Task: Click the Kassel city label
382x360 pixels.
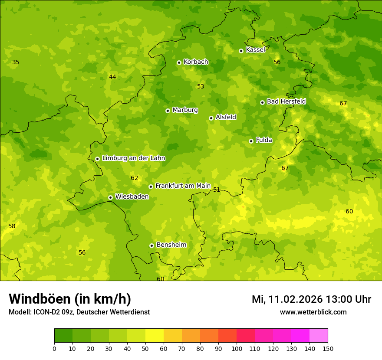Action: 255,50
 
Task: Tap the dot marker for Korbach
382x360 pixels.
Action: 179,62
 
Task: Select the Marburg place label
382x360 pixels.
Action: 185,110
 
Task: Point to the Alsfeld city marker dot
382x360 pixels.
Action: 211,118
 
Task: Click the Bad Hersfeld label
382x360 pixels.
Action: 286,101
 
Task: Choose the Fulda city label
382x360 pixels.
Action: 264,140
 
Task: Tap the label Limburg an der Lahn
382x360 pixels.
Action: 133,158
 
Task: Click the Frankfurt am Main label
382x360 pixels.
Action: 183,186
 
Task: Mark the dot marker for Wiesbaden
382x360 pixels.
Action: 110,197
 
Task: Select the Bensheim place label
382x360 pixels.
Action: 171,245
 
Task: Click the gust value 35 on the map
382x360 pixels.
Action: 16,62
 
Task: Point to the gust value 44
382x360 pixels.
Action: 112,77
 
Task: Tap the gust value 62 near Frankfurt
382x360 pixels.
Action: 135,178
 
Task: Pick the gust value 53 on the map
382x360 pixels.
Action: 201,87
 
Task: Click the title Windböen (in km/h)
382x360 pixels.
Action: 70,299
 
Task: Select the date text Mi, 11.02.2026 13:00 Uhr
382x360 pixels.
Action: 311,299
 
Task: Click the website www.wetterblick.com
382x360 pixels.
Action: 313,312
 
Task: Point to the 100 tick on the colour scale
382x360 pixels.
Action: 237,349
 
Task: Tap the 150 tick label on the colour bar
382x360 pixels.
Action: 327,349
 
